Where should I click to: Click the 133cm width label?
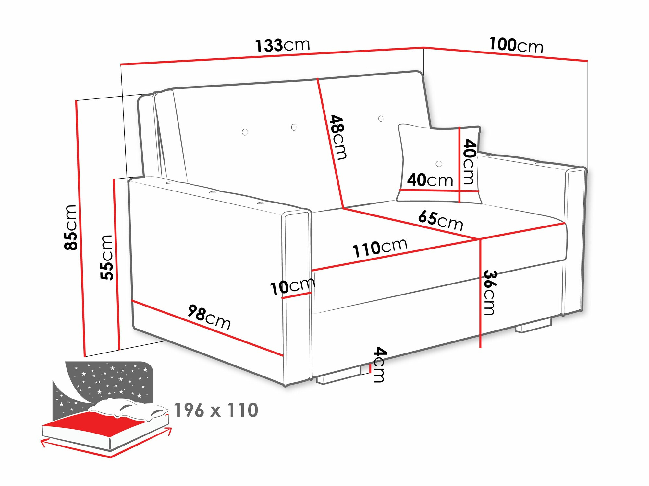(282, 45)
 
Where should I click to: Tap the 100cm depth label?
(516, 45)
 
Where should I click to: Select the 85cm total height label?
(71, 227)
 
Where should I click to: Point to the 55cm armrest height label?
(107, 258)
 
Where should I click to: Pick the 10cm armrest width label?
(292, 286)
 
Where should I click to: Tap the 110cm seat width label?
(380, 248)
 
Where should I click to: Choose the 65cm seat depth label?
(440, 220)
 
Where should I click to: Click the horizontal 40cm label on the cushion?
(430, 180)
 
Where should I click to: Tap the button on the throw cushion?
(439, 164)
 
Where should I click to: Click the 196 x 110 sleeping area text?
(216, 411)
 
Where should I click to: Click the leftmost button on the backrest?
(245, 132)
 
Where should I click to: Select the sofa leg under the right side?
(534, 327)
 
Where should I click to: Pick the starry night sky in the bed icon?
(110, 379)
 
